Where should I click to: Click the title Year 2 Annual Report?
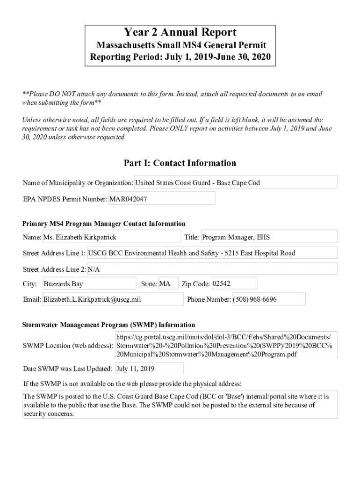(180, 32)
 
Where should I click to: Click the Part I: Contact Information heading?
(180, 163)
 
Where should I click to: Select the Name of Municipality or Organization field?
(236, 182)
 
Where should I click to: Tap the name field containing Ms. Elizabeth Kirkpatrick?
(111, 237)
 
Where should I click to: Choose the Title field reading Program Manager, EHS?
(268, 237)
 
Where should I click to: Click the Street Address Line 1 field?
(212, 253)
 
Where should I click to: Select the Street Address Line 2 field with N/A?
(212, 269)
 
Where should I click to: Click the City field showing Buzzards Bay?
(89, 283)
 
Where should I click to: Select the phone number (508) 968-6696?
(268, 299)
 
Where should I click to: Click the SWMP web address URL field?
(226, 346)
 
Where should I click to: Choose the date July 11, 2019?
(149, 369)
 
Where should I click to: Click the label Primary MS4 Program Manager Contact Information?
(104, 224)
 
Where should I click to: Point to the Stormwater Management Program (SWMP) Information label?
(109, 325)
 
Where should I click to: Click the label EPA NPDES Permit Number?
(65, 199)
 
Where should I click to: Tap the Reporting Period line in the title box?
(180, 58)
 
